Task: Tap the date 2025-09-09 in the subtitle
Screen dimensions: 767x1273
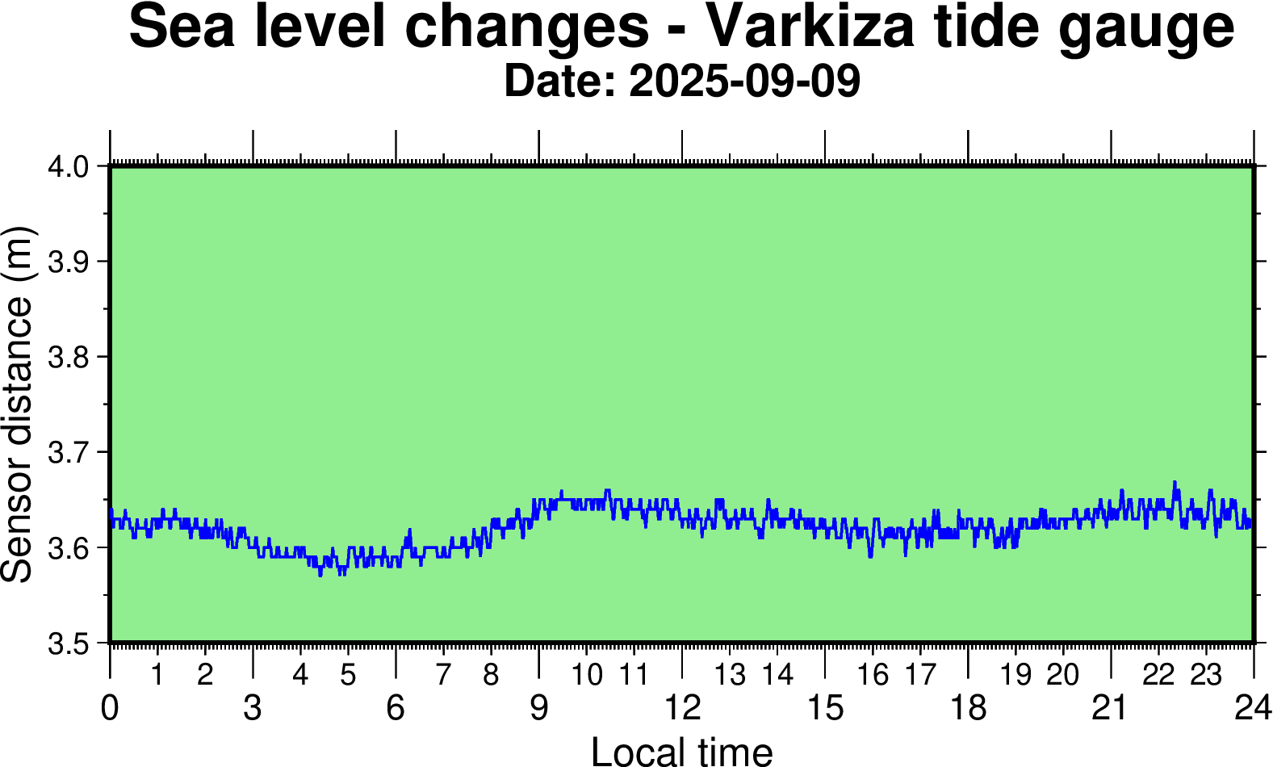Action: (x=743, y=82)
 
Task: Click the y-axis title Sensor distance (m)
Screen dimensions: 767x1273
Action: (x=18, y=404)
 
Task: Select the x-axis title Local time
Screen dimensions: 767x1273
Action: (x=682, y=751)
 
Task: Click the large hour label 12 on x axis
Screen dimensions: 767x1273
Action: (x=682, y=709)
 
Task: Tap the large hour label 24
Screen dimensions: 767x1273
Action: (x=1252, y=709)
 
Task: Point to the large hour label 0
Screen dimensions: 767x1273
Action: (x=110, y=709)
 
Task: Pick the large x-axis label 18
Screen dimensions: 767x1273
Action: (x=968, y=709)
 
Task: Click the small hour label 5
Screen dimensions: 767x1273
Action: (x=348, y=675)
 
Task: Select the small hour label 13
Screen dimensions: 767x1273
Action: (x=730, y=675)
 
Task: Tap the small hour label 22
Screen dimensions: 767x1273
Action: (x=1158, y=675)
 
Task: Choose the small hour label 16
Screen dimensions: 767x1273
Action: (x=873, y=675)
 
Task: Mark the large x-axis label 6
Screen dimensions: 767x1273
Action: (x=396, y=709)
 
